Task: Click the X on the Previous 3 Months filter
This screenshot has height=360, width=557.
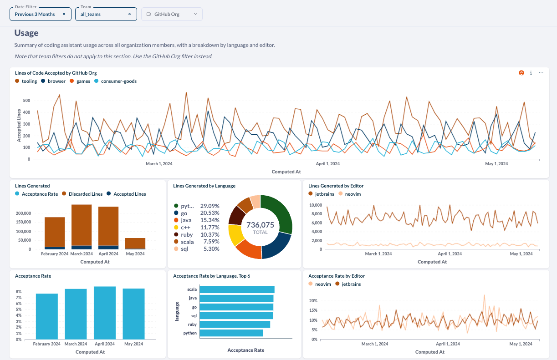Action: (x=64, y=14)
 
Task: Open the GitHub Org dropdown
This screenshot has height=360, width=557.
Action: (x=172, y=14)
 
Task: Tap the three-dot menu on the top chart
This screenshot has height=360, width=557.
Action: (x=541, y=73)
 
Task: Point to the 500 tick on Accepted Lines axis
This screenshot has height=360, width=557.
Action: (x=26, y=101)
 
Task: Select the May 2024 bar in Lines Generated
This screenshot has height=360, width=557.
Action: (x=135, y=243)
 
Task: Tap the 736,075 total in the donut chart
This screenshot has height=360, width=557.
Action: (x=260, y=225)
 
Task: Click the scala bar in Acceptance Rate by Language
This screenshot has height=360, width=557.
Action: (x=237, y=289)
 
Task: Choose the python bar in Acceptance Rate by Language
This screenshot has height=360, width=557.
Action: (x=231, y=333)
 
